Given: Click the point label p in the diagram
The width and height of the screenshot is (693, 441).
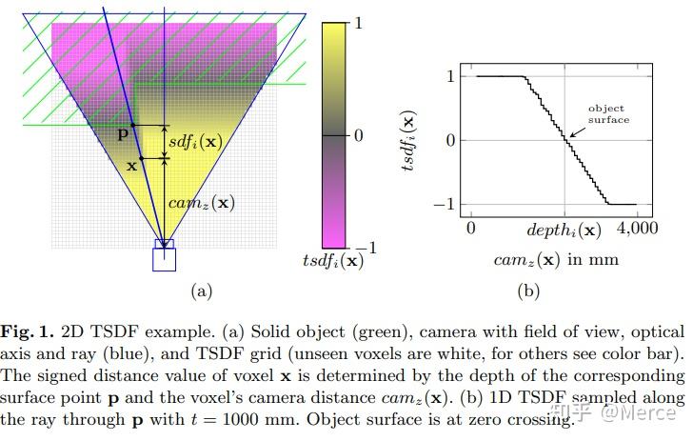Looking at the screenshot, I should [x=121, y=134].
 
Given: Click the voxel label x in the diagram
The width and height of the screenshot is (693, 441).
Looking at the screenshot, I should [x=130, y=166].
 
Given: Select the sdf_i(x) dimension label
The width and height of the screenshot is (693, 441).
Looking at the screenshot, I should [x=195, y=141].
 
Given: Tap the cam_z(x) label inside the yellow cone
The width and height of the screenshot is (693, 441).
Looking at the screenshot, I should [x=201, y=202].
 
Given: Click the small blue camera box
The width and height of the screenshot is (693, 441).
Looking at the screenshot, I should [x=165, y=258].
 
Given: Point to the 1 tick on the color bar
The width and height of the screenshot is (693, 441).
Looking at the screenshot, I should [x=358, y=25].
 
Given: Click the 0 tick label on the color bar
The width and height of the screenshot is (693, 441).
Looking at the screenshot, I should [x=358, y=135].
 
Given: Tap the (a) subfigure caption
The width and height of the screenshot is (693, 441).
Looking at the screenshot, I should [x=201, y=291].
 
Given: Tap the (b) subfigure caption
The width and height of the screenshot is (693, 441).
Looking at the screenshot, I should [x=527, y=291].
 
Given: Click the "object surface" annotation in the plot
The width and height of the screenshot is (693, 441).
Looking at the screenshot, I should [x=606, y=114].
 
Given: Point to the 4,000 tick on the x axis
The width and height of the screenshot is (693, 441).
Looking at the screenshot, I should [x=637, y=230].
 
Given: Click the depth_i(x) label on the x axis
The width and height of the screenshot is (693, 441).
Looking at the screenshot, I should [x=564, y=230].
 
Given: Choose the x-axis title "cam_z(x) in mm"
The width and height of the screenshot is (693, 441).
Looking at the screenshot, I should [x=556, y=259].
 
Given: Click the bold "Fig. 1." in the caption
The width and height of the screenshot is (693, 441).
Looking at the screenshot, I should [x=27, y=332].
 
